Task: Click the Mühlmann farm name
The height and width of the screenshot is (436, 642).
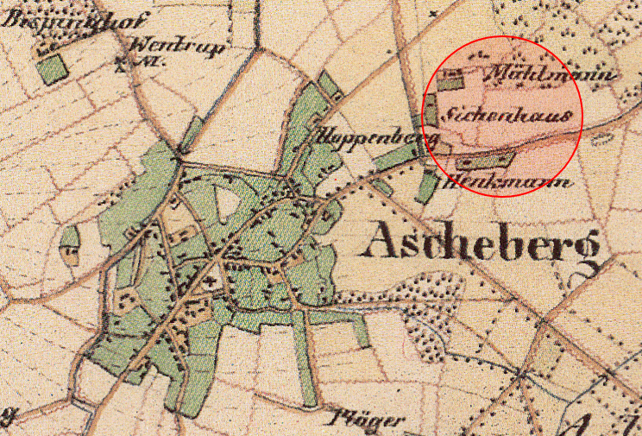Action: [x=552, y=76]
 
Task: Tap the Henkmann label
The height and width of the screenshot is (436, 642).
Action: [x=507, y=181]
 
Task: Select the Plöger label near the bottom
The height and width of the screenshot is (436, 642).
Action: [x=366, y=420]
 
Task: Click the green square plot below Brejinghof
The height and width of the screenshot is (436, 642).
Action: [x=53, y=68]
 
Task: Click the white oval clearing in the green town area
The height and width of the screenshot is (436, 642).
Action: [x=227, y=204]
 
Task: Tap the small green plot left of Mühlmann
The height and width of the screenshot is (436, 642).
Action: [x=451, y=82]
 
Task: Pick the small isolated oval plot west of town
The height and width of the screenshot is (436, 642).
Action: [x=69, y=246]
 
